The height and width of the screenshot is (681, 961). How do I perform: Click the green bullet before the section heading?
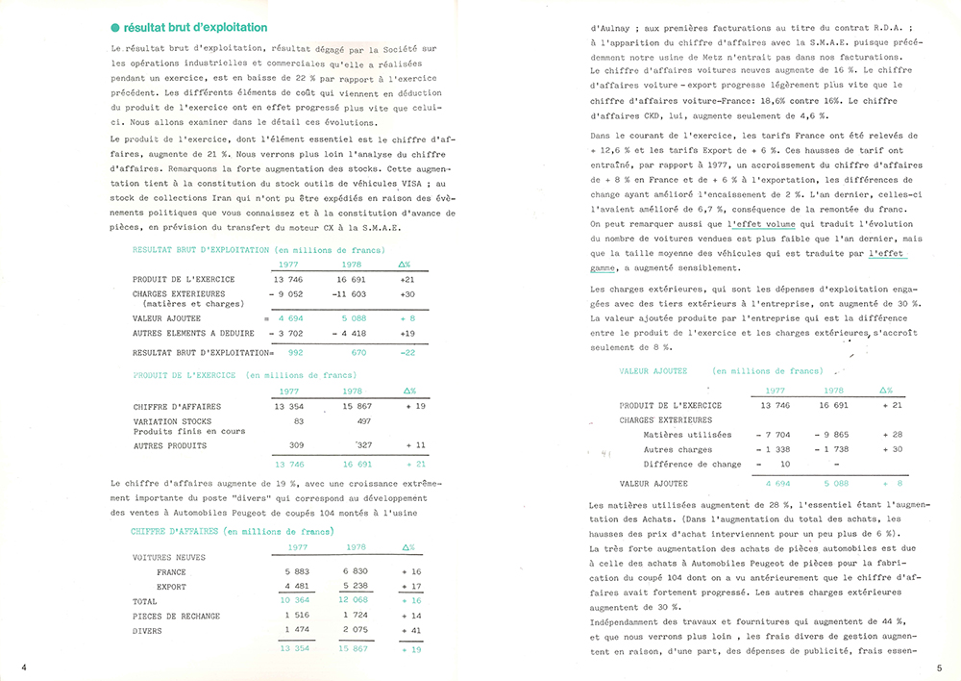click(115, 28)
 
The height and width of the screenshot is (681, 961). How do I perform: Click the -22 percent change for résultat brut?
click(407, 353)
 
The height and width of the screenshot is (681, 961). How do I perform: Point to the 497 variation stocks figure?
click(363, 421)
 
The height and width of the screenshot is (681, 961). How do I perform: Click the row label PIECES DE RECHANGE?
click(176, 616)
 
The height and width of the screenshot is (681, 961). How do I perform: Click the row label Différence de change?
click(692, 464)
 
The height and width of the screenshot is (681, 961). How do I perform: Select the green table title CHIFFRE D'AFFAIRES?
click(174, 531)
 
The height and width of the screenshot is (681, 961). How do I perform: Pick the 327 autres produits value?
click(357, 446)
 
